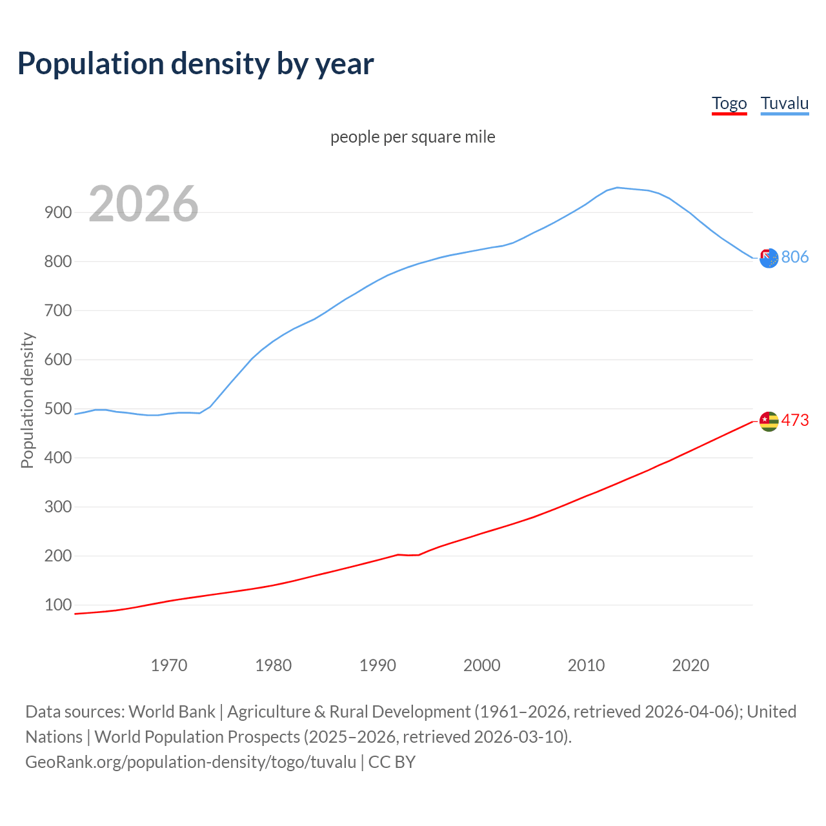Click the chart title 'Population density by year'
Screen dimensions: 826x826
pos(196,63)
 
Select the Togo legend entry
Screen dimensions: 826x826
pos(729,103)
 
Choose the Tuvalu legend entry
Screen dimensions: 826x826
pos(785,103)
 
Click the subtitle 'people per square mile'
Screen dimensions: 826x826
pos(413,137)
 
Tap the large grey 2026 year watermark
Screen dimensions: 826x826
pos(143,204)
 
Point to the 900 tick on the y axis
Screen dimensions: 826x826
pos(57,212)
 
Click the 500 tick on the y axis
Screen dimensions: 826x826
pos(57,408)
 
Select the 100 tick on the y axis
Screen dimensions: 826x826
pos(57,605)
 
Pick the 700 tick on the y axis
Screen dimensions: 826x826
pos(57,310)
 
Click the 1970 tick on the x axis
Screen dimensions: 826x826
pos(169,665)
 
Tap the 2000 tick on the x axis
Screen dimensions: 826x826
pos(482,665)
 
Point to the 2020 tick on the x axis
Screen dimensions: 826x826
pos(690,665)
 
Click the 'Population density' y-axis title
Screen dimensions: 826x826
pos(27,400)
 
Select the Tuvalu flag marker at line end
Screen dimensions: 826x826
pos(769,258)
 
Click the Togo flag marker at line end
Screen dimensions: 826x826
pos(769,421)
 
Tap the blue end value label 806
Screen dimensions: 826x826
pos(795,257)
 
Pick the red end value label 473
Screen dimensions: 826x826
pos(795,420)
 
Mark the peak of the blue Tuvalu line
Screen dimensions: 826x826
pos(617,187)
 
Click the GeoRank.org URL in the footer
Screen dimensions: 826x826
pos(190,761)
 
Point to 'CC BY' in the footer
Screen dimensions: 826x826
pos(392,761)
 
